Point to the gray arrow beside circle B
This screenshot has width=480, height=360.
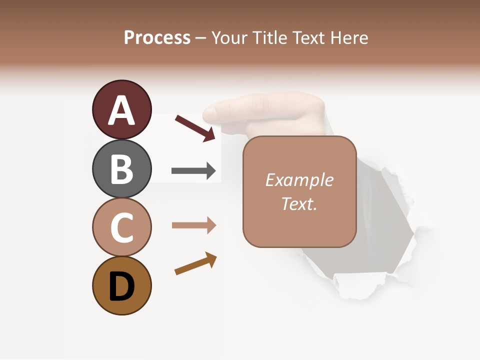pyautogui.click(x=193, y=171)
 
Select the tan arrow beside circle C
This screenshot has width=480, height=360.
pyautogui.click(x=193, y=225)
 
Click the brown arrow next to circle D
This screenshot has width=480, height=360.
pyautogui.click(x=195, y=263)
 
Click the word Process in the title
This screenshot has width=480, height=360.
pyautogui.click(x=157, y=37)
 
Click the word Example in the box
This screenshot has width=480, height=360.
pyautogui.click(x=299, y=180)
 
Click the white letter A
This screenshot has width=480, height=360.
pyautogui.click(x=121, y=110)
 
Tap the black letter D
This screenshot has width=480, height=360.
pyautogui.click(x=121, y=286)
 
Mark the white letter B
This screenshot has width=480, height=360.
pyautogui.click(x=121, y=169)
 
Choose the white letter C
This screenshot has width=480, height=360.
pyautogui.click(x=121, y=228)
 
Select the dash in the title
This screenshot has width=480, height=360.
pyautogui.click(x=200, y=38)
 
